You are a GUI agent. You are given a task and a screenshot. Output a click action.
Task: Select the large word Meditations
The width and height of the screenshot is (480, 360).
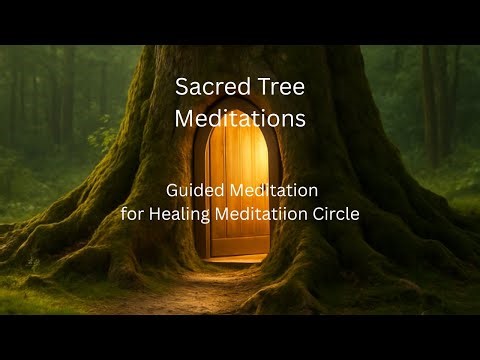(240, 118)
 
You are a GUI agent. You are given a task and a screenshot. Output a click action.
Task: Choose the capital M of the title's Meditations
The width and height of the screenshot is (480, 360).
(185, 118)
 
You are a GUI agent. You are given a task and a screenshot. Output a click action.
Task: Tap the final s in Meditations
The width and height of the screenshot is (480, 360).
(300, 119)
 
